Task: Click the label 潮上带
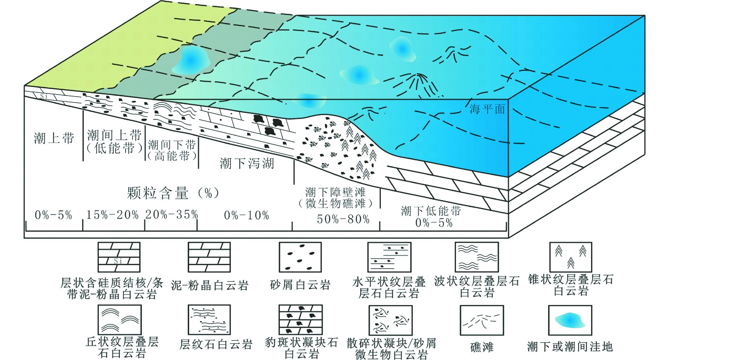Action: (54, 138)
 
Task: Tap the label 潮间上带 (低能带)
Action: (114, 142)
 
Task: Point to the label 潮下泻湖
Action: (247, 163)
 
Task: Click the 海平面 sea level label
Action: (487, 109)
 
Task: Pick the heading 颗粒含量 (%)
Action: (173, 193)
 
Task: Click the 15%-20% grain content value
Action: (112, 215)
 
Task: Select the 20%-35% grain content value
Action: (171, 215)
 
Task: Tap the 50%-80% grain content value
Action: (343, 219)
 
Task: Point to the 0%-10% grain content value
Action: (247, 215)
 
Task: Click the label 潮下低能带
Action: (431, 211)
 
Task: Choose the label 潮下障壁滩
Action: (335, 192)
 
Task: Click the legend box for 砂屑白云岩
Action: (300, 257)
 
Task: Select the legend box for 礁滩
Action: (481, 320)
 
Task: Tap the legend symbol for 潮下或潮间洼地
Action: (570, 320)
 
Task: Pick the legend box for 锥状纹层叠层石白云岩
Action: (571, 257)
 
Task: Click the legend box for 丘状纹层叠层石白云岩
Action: (119, 320)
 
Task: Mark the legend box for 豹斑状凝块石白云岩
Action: (300, 320)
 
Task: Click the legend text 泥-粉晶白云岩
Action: (209, 286)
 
